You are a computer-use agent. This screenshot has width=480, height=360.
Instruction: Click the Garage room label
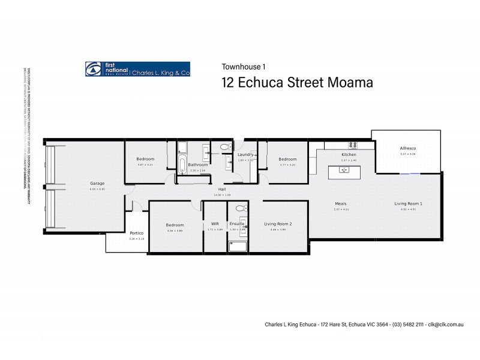pyautogui.click(x=97, y=183)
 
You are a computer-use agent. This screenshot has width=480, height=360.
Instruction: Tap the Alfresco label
pyautogui.click(x=408, y=148)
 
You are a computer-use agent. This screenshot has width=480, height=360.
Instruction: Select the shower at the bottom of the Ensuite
pyautogui.click(x=238, y=246)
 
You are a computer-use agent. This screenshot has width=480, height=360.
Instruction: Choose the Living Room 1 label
pyautogui.click(x=408, y=204)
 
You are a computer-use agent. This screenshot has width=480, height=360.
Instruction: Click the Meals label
pyautogui.click(x=341, y=204)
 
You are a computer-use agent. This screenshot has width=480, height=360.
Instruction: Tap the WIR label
pyautogui.click(x=214, y=224)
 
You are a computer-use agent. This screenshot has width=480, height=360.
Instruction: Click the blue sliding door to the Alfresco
pyautogui.click(x=410, y=174)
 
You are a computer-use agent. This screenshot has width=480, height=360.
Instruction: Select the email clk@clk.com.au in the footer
pyautogui.click(x=450, y=323)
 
